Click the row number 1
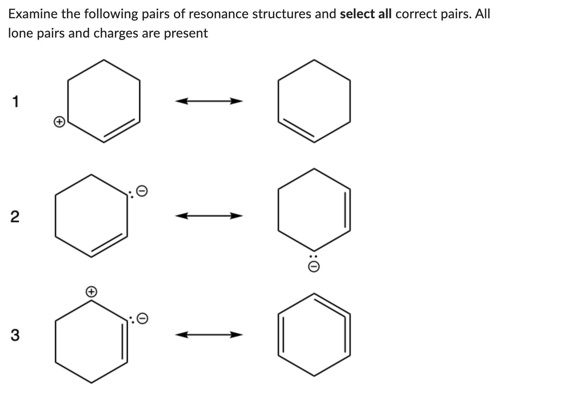click(15, 102)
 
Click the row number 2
click(15, 217)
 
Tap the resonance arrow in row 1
click(209, 101)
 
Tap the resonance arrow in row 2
click(209, 216)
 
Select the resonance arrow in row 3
click(209, 335)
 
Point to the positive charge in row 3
click(91, 291)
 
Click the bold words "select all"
click(365, 14)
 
